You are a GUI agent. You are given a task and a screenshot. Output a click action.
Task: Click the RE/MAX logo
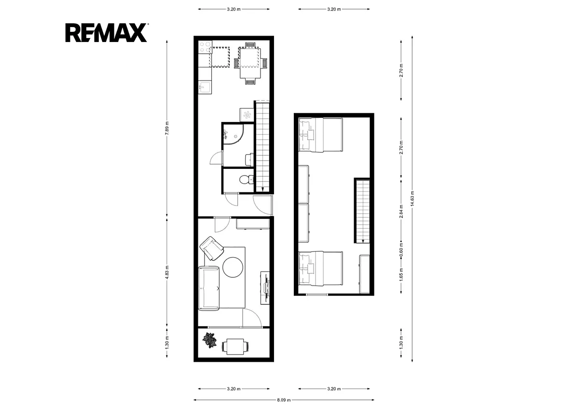pyautogui.click(x=106, y=32)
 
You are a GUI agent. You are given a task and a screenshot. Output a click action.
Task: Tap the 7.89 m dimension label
pyautogui.click(x=167, y=128)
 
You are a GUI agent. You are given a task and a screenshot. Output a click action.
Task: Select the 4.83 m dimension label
pyautogui.click(x=167, y=273)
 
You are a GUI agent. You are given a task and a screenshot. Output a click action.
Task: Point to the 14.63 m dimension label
pyautogui.click(x=412, y=198)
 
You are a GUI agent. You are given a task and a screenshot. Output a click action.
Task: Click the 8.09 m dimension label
pyautogui.click(x=284, y=400)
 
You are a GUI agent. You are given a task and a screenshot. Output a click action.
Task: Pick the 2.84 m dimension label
pyautogui.click(x=401, y=211)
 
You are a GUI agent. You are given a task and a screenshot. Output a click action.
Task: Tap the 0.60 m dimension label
pyautogui.click(x=401, y=250)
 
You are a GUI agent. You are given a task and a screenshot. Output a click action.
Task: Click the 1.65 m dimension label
pyautogui.click(x=401, y=274)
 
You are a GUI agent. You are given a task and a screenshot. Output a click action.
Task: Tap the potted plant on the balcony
pyautogui.click(x=209, y=341)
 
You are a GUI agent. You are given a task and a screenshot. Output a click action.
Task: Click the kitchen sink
pyautogui.click(x=205, y=87)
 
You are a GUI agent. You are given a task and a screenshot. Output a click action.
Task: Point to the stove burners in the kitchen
pyautogui.click(x=205, y=47)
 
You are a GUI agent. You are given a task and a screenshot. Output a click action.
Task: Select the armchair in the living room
pyautogui.click(x=212, y=248)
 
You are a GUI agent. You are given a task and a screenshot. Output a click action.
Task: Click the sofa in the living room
pyautogui.click(x=209, y=288)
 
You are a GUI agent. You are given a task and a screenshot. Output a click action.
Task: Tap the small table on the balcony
pyautogui.click(x=235, y=346)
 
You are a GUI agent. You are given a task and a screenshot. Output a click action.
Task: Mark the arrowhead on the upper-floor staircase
pyautogui.click(x=363, y=241)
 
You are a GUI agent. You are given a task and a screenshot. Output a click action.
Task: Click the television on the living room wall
pyautogui.click(x=266, y=287)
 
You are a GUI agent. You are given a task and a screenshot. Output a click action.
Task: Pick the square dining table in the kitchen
pyautogui.click(x=250, y=63)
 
